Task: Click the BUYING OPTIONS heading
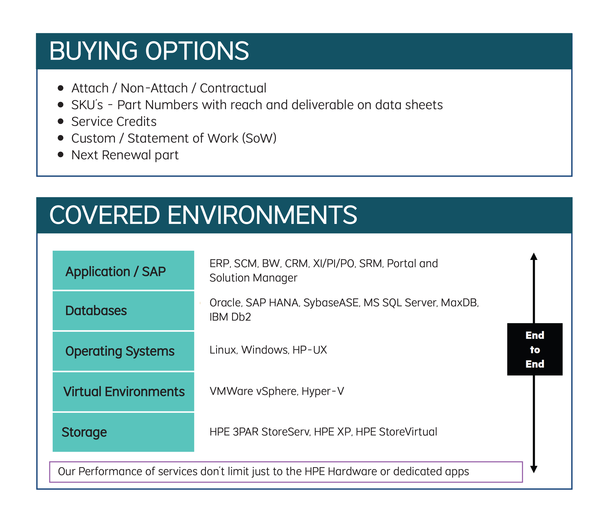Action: tap(149, 51)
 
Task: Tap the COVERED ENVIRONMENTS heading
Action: tap(203, 215)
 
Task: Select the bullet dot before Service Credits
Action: tap(61, 121)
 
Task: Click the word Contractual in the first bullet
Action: tap(233, 88)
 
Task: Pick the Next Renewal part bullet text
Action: tap(125, 155)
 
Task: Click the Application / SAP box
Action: tap(123, 270)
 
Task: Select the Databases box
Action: tap(123, 311)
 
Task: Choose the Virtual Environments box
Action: tap(123, 392)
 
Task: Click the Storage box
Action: tap(123, 432)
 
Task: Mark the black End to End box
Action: tap(535, 349)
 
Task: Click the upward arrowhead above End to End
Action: tap(534, 256)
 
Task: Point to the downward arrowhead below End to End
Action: tap(534, 469)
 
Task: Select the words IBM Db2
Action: tap(230, 317)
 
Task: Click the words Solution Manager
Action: tap(253, 278)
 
